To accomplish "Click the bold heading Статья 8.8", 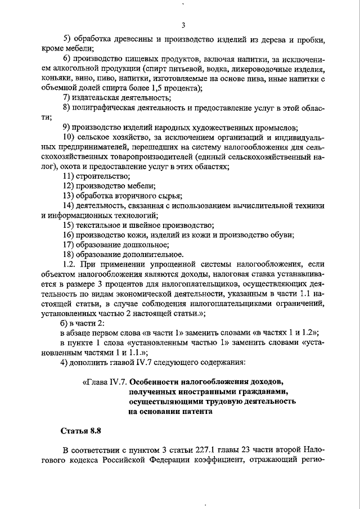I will (x=80, y=431).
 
